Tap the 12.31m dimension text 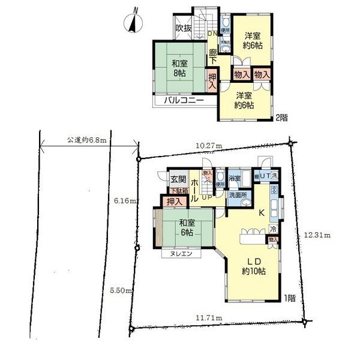pyautogui.click(x=317, y=235)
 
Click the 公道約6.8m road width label pyautogui.click(x=86, y=140)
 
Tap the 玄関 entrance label pyautogui.click(x=178, y=179)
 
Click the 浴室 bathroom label pyautogui.click(x=235, y=179)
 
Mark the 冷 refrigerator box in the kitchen pyautogui.click(x=273, y=229)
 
